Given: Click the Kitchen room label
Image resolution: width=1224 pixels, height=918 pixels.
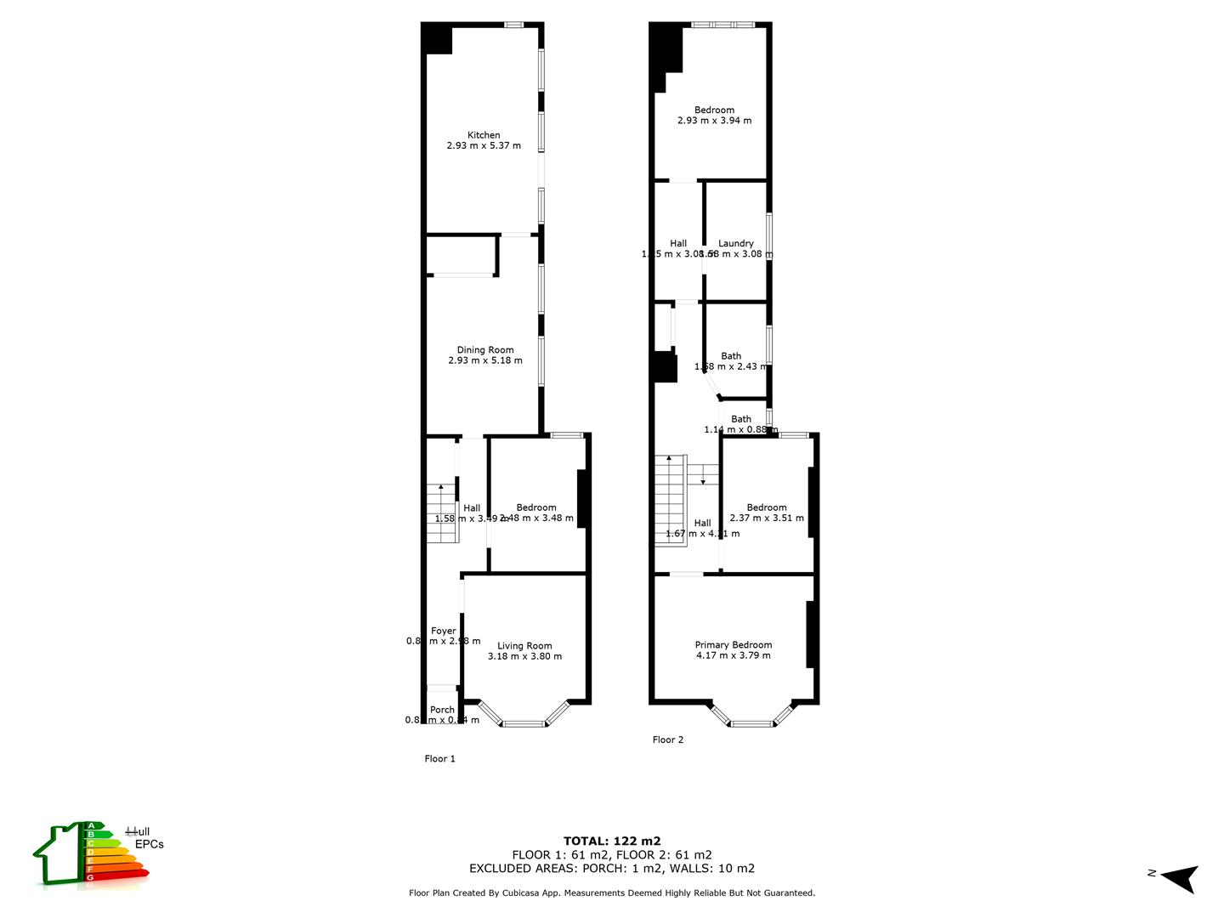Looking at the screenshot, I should pyautogui.click(x=484, y=135).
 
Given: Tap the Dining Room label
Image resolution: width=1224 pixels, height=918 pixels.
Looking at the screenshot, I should pyautogui.click(x=485, y=349).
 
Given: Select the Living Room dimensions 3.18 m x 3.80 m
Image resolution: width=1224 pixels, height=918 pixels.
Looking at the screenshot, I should pyautogui.click(x=524, y=656).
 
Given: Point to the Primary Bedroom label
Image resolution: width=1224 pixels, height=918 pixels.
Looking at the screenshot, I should pyautogui.click(x=734, y=645).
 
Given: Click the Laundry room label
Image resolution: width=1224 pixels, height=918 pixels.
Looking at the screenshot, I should pyautogui.click(x=735, y=243).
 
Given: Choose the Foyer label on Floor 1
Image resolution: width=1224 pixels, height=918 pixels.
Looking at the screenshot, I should pyautogui.click(x=443, y=631).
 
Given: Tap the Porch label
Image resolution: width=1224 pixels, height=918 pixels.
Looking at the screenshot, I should pyautogui.click(x=442, y=710).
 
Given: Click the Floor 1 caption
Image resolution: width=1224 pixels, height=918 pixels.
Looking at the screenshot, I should pyautogui.click(x=440, y=759).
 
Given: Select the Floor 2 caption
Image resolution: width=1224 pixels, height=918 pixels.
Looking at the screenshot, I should pyautogui.click(x=668, y=739).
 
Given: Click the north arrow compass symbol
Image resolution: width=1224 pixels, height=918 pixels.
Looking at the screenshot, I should pyautogui.click(x=1180, y=877).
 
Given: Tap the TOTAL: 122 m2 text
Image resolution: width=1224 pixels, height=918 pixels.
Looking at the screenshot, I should pyautogui.click(x=612, y=841).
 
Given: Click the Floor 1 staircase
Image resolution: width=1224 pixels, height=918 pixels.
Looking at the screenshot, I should pyautogui.click(x=442, y=513).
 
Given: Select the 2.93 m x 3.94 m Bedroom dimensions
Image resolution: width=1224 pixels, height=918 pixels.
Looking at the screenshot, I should pyautogui.click(x=714, y=121).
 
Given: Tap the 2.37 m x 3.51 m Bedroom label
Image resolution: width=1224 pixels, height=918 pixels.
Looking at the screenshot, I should pyautogui.click(x=767, y=507).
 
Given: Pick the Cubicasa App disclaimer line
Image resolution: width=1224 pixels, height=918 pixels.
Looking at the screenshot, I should pyautogui.click(x=612, y=893).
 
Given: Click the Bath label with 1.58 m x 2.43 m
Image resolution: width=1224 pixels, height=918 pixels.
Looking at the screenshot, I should pyautogui.click(x=731, y=356).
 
